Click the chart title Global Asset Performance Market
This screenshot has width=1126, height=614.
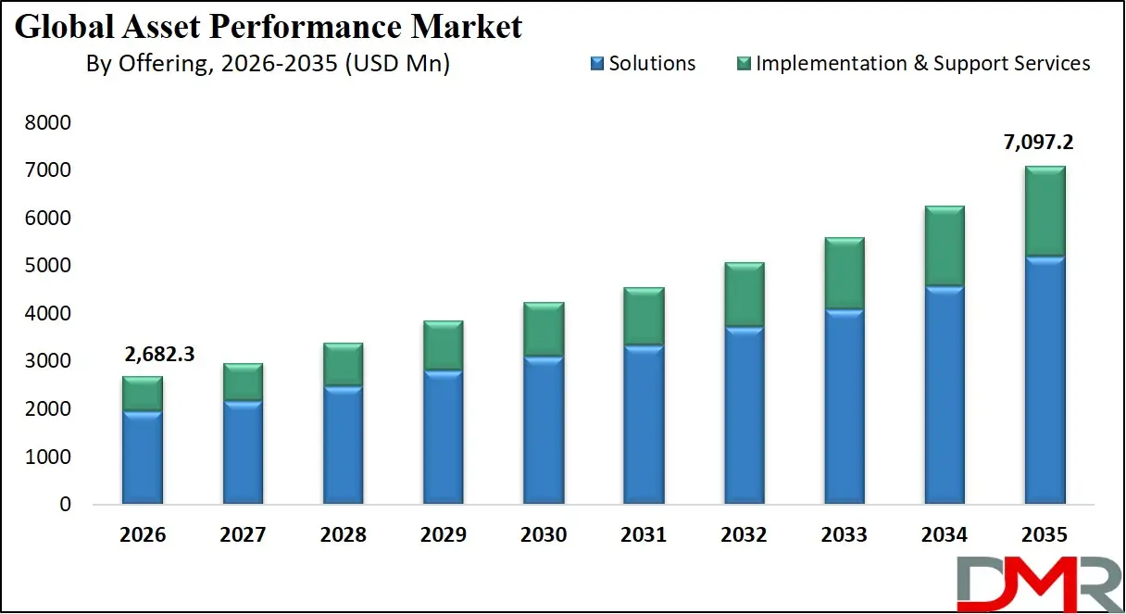(x=269, y=26)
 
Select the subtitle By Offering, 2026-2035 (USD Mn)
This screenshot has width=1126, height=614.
(x=268, y=64)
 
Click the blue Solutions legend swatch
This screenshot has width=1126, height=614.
(x=596, y=64)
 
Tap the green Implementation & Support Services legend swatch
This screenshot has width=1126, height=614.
(x=743, y=64)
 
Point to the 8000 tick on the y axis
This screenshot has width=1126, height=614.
(x=52, y=123)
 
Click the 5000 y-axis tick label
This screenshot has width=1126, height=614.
(x=52, y=267)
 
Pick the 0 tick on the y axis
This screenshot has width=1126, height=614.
(x=65, y=505)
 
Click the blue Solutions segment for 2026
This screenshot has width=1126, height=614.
(x=143, y=458)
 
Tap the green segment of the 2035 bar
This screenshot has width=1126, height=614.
(x=1045, y=211)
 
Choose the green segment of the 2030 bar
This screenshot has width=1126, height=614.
(x=544, y=329)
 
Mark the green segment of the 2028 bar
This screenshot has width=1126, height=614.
(x=343, y=365)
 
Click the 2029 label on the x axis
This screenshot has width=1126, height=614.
(x=444, y=535)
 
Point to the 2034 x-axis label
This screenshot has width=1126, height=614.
(x=945, y=535)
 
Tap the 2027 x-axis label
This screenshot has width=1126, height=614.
(x=243, y=535)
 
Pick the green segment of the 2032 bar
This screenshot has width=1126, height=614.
(x=744, y=294)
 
